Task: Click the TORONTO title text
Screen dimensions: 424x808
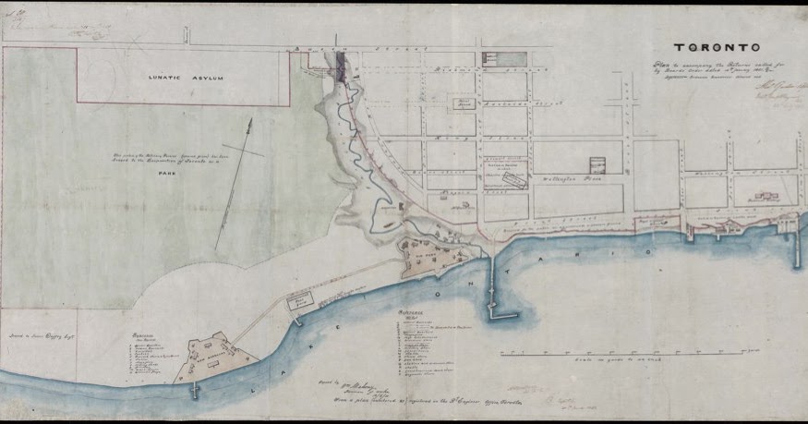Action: tap(717, 47)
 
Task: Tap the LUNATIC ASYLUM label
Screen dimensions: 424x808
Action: tap(187, 79)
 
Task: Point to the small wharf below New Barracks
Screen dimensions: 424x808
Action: tap(195, 389)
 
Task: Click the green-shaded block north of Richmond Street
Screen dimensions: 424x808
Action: tap(505, 58)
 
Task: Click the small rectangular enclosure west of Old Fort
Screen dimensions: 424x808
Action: tap(299, 300)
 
